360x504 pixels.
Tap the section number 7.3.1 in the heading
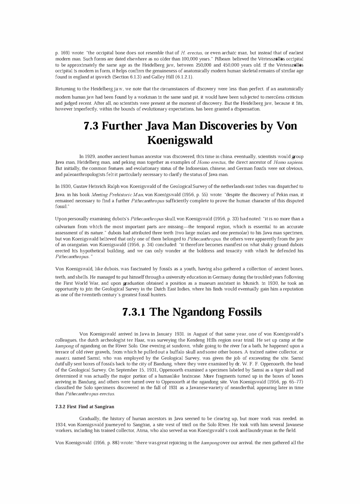tap(134, 312)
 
